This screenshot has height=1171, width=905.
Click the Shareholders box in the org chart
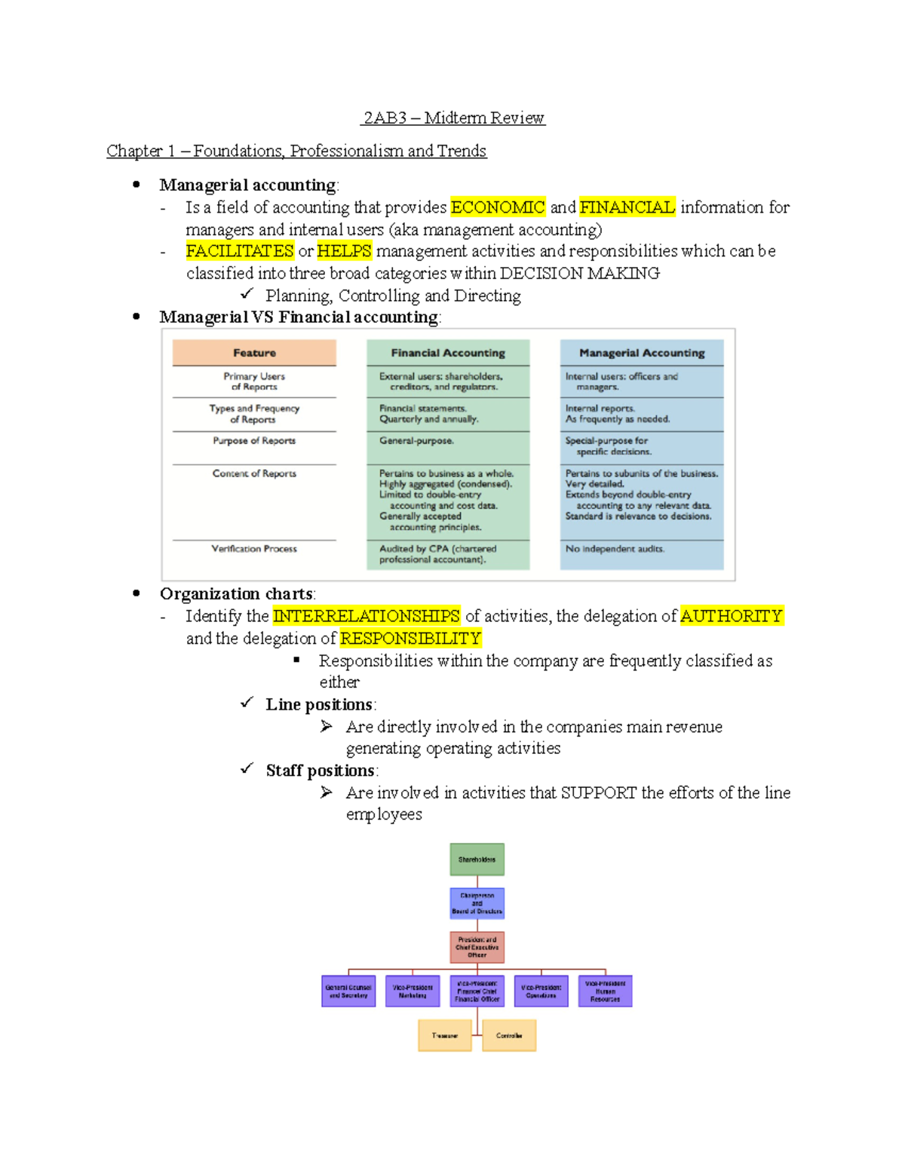click(x=477, y=859)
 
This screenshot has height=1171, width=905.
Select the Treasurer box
click(x=445, y=1035)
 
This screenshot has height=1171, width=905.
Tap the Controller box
click(x=509, y=1035)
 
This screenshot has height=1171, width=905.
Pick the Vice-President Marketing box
click(x=413, y=991)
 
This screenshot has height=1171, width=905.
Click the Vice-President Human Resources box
click(x=605, y=991)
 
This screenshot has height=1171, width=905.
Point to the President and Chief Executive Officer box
click(x=477, y=947)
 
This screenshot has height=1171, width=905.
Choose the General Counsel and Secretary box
click(x=348, y=991)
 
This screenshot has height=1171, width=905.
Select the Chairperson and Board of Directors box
click(x=477, y=903)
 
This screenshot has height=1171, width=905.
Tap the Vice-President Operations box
click(x=541, y=991)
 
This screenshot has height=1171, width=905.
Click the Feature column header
click(x=254, y=353)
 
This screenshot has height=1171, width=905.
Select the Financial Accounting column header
click(x=448, y=353)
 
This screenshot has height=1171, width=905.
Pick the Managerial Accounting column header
click(x=642, y=353)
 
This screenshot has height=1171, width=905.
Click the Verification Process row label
click(x=254, y=549)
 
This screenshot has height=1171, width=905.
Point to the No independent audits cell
click(x=615, y=549)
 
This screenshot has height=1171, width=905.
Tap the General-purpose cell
click(x=416, y=440)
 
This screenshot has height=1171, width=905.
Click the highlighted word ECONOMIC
click(x=498, y=207)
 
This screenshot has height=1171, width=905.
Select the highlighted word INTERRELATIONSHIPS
click(x=367, y=616)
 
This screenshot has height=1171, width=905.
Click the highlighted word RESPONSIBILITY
click(x=410, y=639)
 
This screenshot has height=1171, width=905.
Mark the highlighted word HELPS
click(x=344, y=251)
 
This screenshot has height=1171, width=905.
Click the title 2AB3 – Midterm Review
click(x=453, y=118)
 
